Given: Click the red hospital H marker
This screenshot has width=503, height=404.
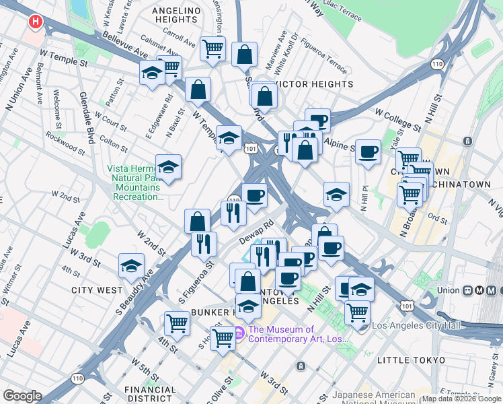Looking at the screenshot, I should tap(35, 22).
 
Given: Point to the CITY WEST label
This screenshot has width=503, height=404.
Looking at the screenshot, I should tap(98, 290).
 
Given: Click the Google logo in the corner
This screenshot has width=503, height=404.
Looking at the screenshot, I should tap(23, 395).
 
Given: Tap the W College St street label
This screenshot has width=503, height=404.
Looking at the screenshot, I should tap(397, 119).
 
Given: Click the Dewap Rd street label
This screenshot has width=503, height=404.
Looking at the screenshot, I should tap(258, 232).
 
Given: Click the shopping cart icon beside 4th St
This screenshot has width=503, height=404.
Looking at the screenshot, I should tap(177, 323).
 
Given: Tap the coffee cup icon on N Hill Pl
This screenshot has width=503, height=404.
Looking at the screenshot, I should tap(368, 152).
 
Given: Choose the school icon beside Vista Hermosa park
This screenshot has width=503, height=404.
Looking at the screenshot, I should tap(168, 168).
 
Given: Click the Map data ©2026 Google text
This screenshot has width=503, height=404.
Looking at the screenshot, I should tap(461, 399).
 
